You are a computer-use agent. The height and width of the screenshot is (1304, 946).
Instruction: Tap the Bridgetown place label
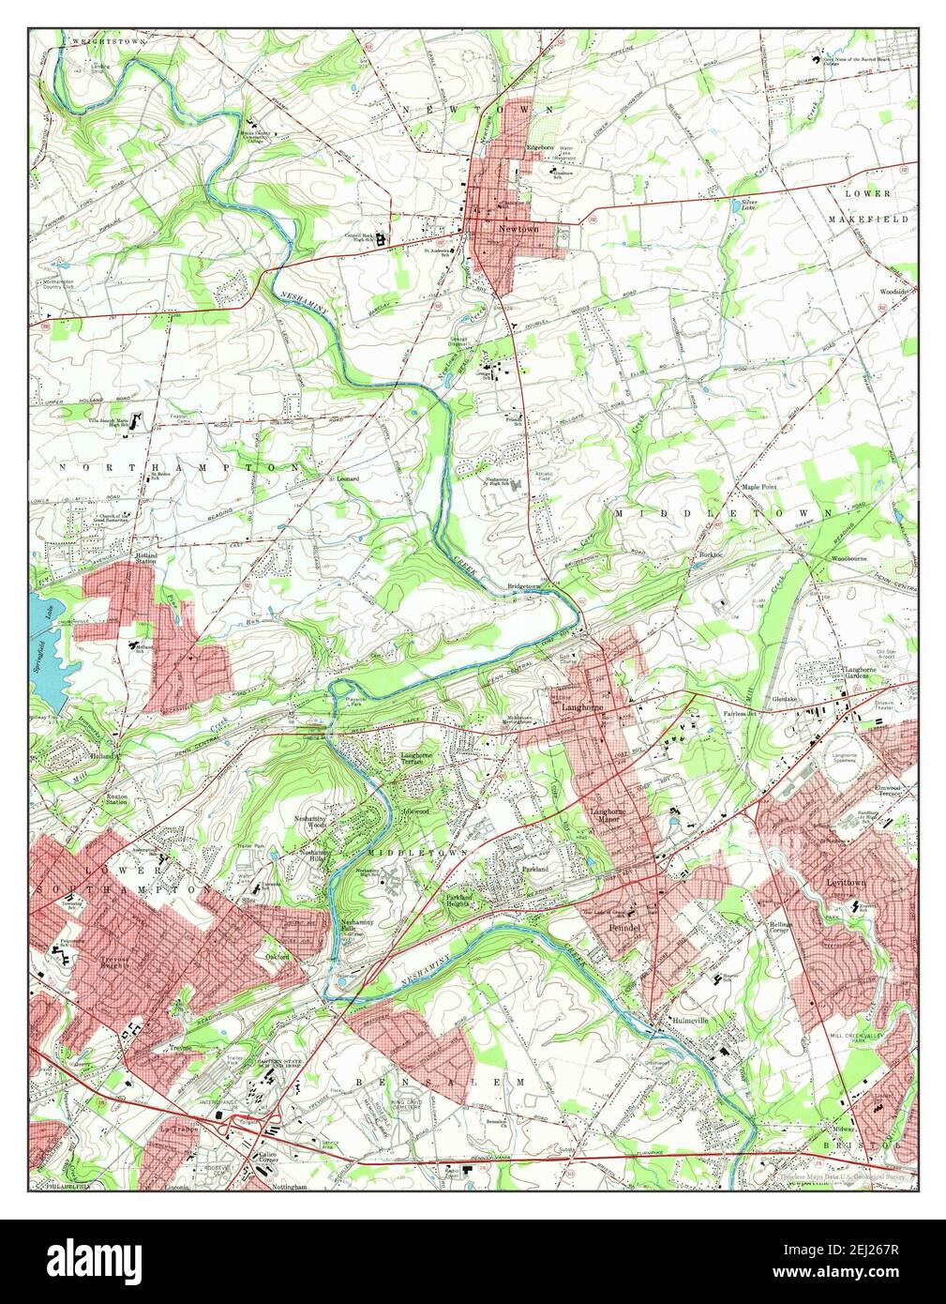524,585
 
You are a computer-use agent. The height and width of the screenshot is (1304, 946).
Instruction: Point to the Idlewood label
414,810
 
